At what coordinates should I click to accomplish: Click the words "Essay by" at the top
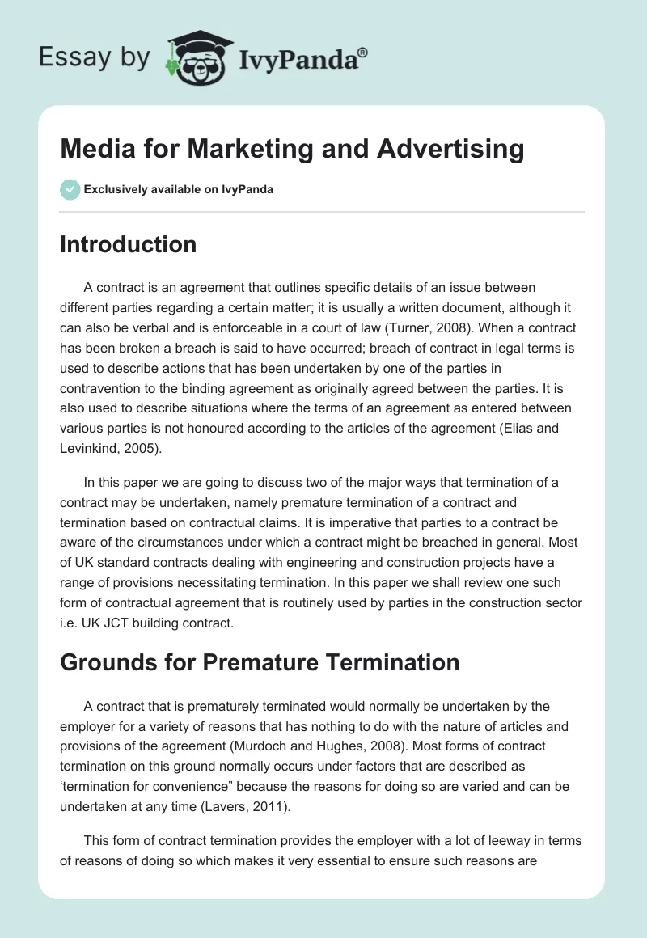tap(94, 58)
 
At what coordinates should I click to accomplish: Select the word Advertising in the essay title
tap(461, 149)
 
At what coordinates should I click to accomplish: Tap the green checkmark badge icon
tap(70, 189)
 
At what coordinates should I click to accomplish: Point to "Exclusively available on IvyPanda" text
tap(178, 189)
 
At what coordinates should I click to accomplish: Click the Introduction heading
tap(128, 244)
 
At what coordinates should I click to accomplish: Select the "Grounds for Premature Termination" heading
tap(260, 663)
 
